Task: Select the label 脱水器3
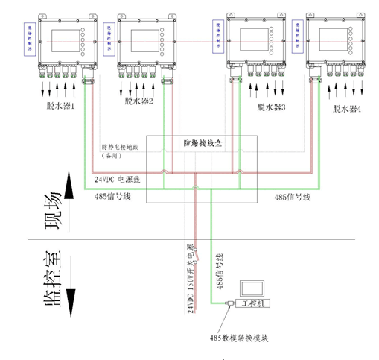pyautogui.click(x=271, y=107)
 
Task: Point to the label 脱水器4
pyautogui.click(x=347, y=108)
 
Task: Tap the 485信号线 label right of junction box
pyautogui.click(x=291, y=197)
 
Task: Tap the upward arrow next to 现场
pyautogui.click(x=71, y=190)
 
